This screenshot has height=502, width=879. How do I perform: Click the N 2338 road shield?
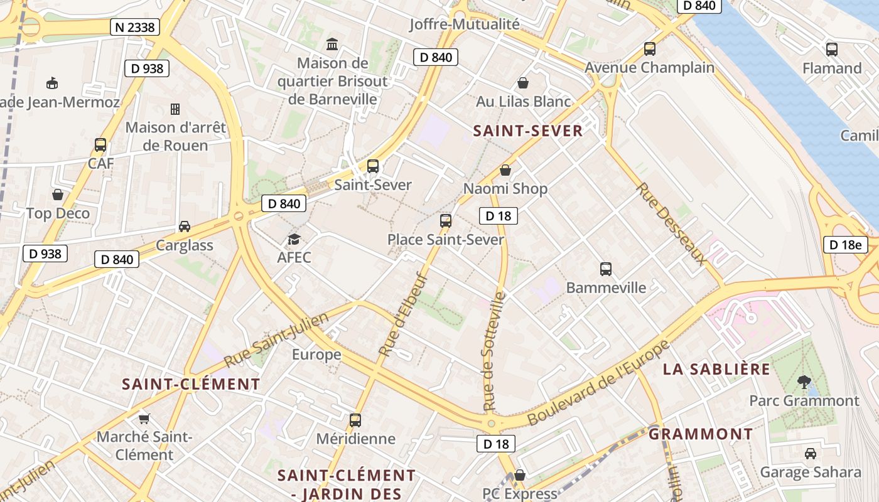pyautogui.click(x=135, y=27)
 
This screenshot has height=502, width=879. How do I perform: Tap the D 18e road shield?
pyautogui.click(x=845, y=245)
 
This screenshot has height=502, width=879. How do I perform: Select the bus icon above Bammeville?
pyautogui.click(x=606, y=269)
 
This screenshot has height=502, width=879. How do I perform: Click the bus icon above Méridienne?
pyautogui.click(x=355, y=420)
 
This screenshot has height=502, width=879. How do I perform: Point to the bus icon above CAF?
pyautogui.click(x=100, y=145)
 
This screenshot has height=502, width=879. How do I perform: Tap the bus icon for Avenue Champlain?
pyautogui.click(x=650, y=49)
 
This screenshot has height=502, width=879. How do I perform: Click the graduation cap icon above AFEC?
pyautogui.click(x=294, y=239)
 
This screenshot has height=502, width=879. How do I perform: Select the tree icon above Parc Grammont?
pyautogui.click(x=804, y=382)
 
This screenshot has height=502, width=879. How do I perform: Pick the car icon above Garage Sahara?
pyautogui.click(x=811, y=453)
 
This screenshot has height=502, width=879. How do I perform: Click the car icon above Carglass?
pyautogui.click(x=185, y=227)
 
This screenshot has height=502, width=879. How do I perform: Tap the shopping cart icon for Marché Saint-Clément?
pyautogui.click(x=144, y=419)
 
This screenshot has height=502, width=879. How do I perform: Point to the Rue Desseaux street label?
pyautogui.click(x=671, y=224)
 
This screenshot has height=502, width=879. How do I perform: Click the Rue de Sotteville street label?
pyautogui.click(x=495, y=351)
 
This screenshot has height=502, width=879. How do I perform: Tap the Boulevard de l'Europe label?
pyautogui.click(x=600, y=382)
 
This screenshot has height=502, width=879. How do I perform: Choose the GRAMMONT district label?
pyautogui.click(x=701, y=434)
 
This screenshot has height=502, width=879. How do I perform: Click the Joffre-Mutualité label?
pyautogui.click(x=465, y=24)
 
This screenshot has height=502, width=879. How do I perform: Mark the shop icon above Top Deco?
pyautogui.click(x=58, y=195)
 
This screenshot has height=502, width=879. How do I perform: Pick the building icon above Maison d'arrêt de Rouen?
pyautogui.click(x=175, y=109)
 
